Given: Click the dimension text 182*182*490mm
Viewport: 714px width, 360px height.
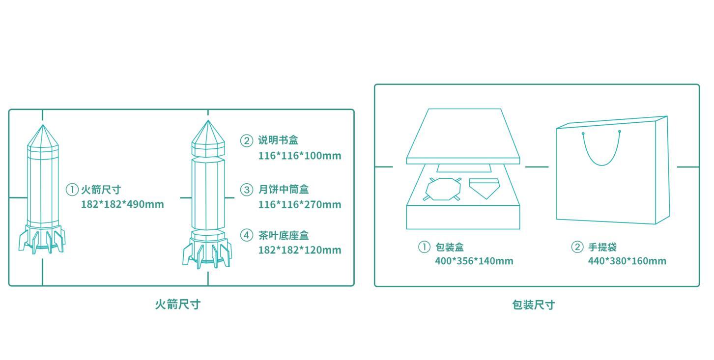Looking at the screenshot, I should pyautogui.click(x=122, y=204).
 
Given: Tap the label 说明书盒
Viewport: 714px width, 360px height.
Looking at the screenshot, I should pyautogui.click(x=278, y=140).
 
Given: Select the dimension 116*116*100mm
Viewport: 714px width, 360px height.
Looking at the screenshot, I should pyautogui.click(x=299, y=156).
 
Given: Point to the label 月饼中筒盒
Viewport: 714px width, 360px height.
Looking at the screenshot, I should pyautogui.click(x=284, y=190).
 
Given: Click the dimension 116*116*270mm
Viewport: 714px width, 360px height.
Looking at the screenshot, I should pyautogui.click(x=299, y=204).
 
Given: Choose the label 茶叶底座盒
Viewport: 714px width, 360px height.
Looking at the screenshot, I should pyautogui.click(x=284, y=236).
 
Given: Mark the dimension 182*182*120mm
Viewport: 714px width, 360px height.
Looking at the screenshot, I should pyautogui.click(x=299, y=250).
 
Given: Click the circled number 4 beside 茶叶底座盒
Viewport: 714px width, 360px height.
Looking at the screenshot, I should pyautogui.click(x=246, y=235).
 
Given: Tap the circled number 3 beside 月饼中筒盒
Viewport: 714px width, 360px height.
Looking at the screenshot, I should pyautogui.click(x=246, y=190).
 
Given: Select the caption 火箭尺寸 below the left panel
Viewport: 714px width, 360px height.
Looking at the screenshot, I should pyautogui.click(x=178, y=305).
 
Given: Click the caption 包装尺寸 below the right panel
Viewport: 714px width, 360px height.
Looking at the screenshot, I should pyautogui.click(x=533, y=305).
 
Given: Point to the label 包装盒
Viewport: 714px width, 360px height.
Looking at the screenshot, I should pyautogui.click(x=450, y=247).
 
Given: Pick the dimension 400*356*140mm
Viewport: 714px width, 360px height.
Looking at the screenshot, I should pyautogui.click(x=474, y=261).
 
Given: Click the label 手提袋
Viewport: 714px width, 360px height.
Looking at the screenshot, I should pyautogui.click(x=602, y=247).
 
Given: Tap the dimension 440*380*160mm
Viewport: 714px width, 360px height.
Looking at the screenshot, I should pyautogui.click(x=627, y=261).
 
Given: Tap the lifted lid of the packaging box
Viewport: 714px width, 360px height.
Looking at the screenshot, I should pyautogui.click(x=463, y=135).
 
